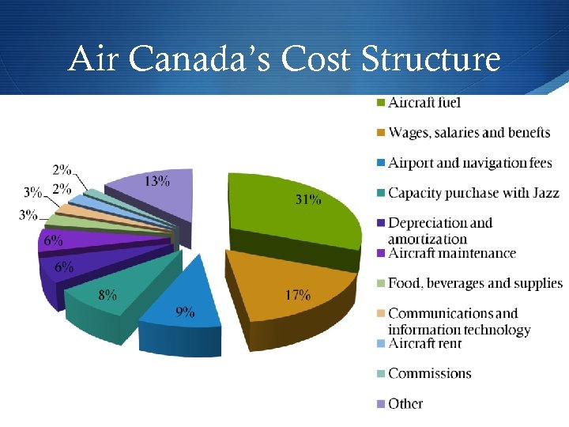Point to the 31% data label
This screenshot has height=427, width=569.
(x=308, y=200)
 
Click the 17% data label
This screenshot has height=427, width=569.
(x=297, y=295)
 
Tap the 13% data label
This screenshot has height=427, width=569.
(x=156, y=180)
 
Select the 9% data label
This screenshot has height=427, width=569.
(x=185, y=312)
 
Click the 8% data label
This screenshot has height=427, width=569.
(x=107, y=295)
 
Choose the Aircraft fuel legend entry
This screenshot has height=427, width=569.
(x=424, y=103)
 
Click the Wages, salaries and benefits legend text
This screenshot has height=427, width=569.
(x=469, y=133)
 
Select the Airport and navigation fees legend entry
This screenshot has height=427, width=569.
(x=469, y=163)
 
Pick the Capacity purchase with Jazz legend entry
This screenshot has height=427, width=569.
(x=473, y=193)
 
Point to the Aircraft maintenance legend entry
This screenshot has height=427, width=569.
(x=451, y=253)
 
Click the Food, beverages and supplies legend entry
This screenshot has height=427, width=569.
(x=475, y=283)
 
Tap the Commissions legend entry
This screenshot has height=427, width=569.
(x=429, y=373)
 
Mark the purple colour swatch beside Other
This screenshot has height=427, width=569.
(x=380, y=404)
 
